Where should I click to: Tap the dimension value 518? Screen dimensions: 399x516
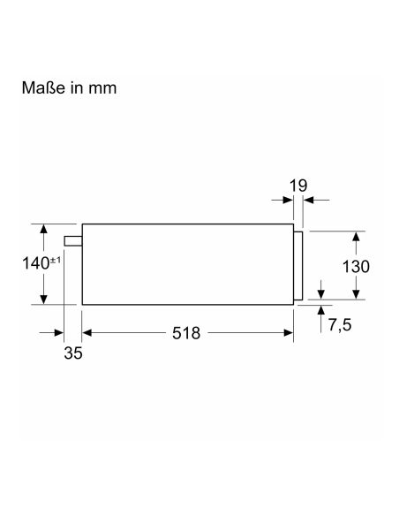coord(186,333)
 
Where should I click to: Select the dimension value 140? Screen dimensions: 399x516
coord(35,263)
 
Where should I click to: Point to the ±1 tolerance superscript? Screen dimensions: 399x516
coord(56,261)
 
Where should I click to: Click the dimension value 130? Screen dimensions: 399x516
coord(356,267)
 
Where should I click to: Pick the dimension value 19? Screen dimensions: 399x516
coord(298,186)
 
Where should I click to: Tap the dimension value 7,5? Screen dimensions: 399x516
coord(340,325)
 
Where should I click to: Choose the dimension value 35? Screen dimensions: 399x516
coord(73,353)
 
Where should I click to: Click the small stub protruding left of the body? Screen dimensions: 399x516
coord(73,241)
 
